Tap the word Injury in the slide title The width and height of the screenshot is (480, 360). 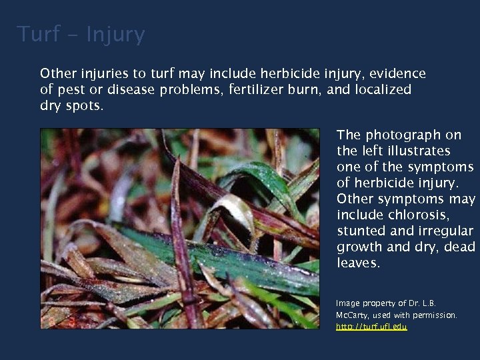(x=115, y=35)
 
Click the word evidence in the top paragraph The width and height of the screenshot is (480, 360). (x=397, y=73)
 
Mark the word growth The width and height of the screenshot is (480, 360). (x=361, y=247)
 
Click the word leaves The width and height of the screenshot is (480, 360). (x=359, y=263)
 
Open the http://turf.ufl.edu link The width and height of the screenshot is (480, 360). (x=371, y=327)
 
